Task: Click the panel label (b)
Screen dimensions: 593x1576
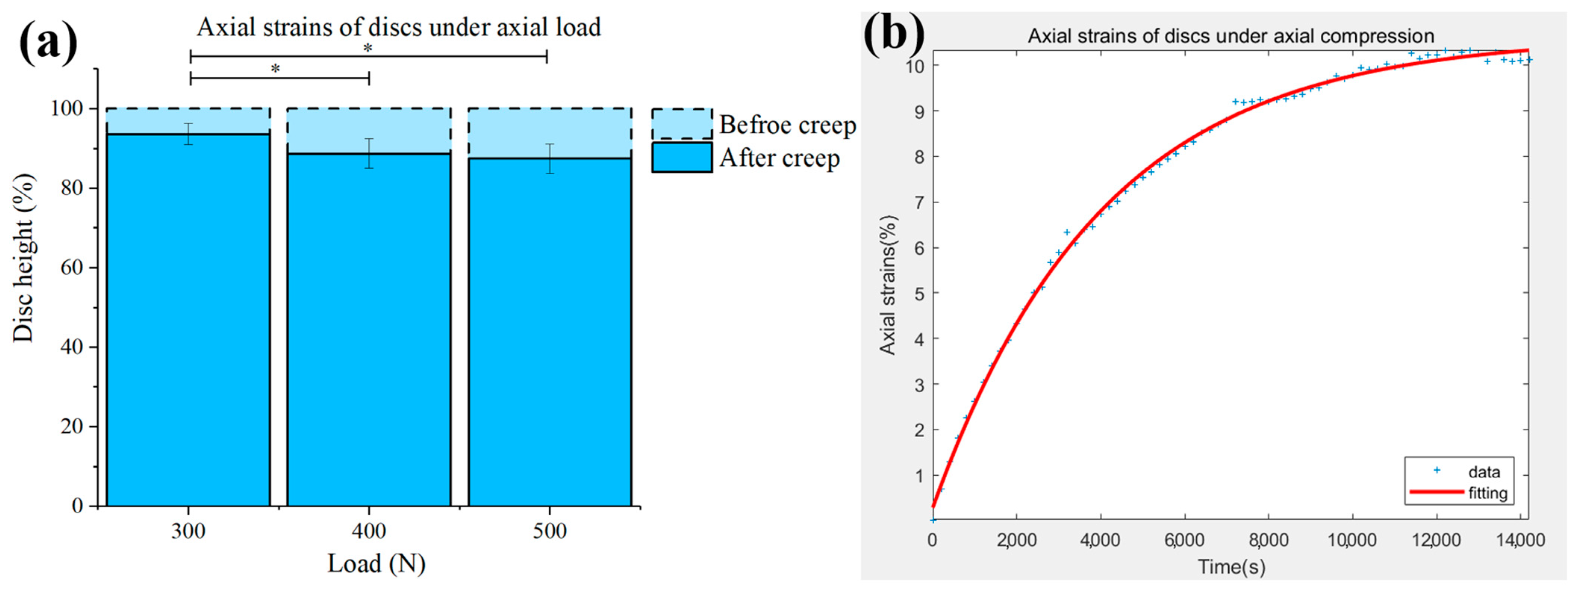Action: (894, 34)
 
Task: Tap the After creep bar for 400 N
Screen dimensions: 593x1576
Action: (369, 330)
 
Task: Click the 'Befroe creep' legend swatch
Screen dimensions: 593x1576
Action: (682, 124)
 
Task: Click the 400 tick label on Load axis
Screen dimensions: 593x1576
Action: (369, 531)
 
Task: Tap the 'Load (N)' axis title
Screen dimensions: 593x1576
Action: (376, 564)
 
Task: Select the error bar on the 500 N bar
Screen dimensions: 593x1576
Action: (550, 159)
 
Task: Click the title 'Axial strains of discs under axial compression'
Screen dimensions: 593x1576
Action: (1231, 36)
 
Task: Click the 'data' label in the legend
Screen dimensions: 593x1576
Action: (1484, 471)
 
